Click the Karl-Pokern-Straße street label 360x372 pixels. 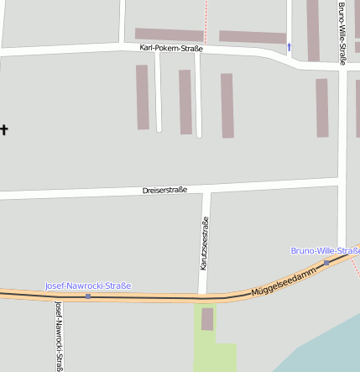(171, 49)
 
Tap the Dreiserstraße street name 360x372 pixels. (164, 191)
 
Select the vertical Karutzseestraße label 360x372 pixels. (204, 244)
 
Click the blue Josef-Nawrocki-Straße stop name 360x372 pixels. (88, 286)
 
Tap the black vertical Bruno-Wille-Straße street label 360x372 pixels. (342, 34)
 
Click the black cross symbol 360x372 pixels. (4, 129)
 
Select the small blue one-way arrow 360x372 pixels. (290, 47)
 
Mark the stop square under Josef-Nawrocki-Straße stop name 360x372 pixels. (88, 296)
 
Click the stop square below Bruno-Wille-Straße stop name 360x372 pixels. (326, 262)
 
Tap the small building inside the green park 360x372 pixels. (207, 319)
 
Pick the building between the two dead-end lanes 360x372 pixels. (185, 102)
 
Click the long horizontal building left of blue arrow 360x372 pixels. (253, 37)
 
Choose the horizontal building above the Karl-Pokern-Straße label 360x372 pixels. (169, 34)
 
